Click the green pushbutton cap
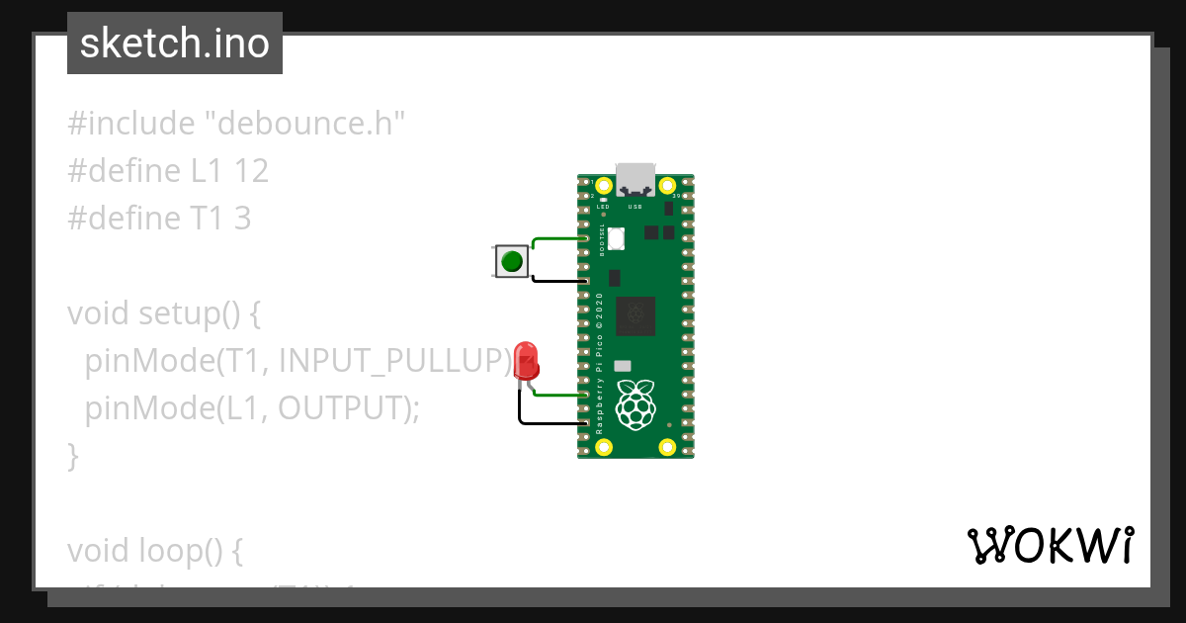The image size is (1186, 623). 511,262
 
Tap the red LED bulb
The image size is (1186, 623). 525,359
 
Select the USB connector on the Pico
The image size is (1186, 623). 635,179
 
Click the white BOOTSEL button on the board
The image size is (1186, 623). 617,238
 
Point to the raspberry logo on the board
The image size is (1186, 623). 635,404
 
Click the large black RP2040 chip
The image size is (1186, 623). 635,316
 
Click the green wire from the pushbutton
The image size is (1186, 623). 558,238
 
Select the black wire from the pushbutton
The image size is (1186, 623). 558,280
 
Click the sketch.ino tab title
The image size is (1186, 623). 175,44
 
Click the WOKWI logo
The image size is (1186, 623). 1050,546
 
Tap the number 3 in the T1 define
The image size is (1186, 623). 242,219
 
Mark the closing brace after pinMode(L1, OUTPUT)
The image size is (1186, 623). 72,455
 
